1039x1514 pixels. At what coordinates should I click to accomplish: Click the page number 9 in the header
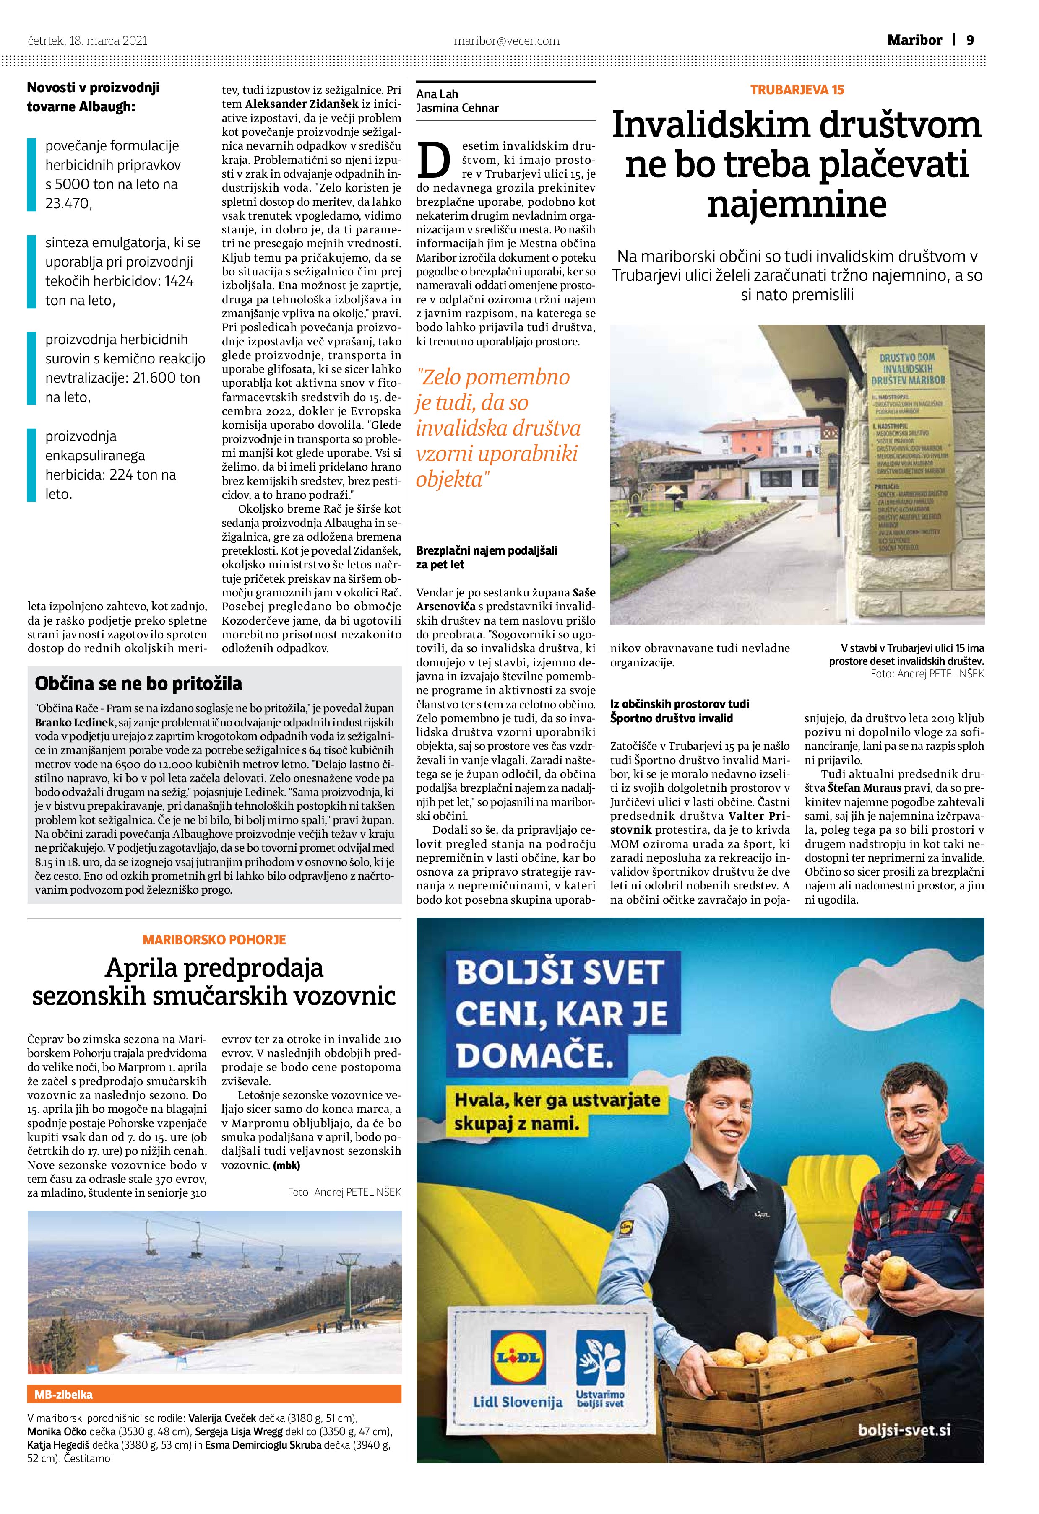pyautogui.click(x=970, y=40)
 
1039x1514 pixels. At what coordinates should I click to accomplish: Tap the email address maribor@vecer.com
pyautogui.click(x=506, y=41)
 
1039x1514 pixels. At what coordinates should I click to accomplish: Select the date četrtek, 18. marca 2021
pyautogui.click(x=87, y=41)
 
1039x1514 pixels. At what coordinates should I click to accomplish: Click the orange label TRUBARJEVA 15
pyautogui.click(x=797, y=90)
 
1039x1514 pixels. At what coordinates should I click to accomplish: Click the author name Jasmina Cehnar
pyautogui.click(x=457, y=108)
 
